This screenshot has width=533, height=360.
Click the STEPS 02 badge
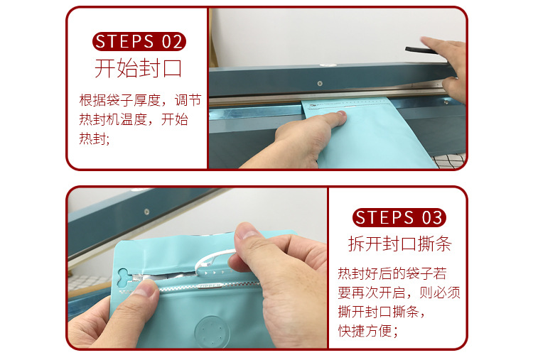tap(139, 41)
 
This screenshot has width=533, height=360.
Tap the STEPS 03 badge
tap(399, 217)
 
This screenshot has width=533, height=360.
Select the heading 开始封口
tap(139, 68)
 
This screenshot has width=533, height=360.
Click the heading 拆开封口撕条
tap(399, 244)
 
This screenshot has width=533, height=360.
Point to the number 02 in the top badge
tap(171, 41)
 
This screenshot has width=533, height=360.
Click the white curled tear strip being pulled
tap(213, 263)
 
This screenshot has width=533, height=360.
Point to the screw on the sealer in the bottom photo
tap(146, 211)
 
